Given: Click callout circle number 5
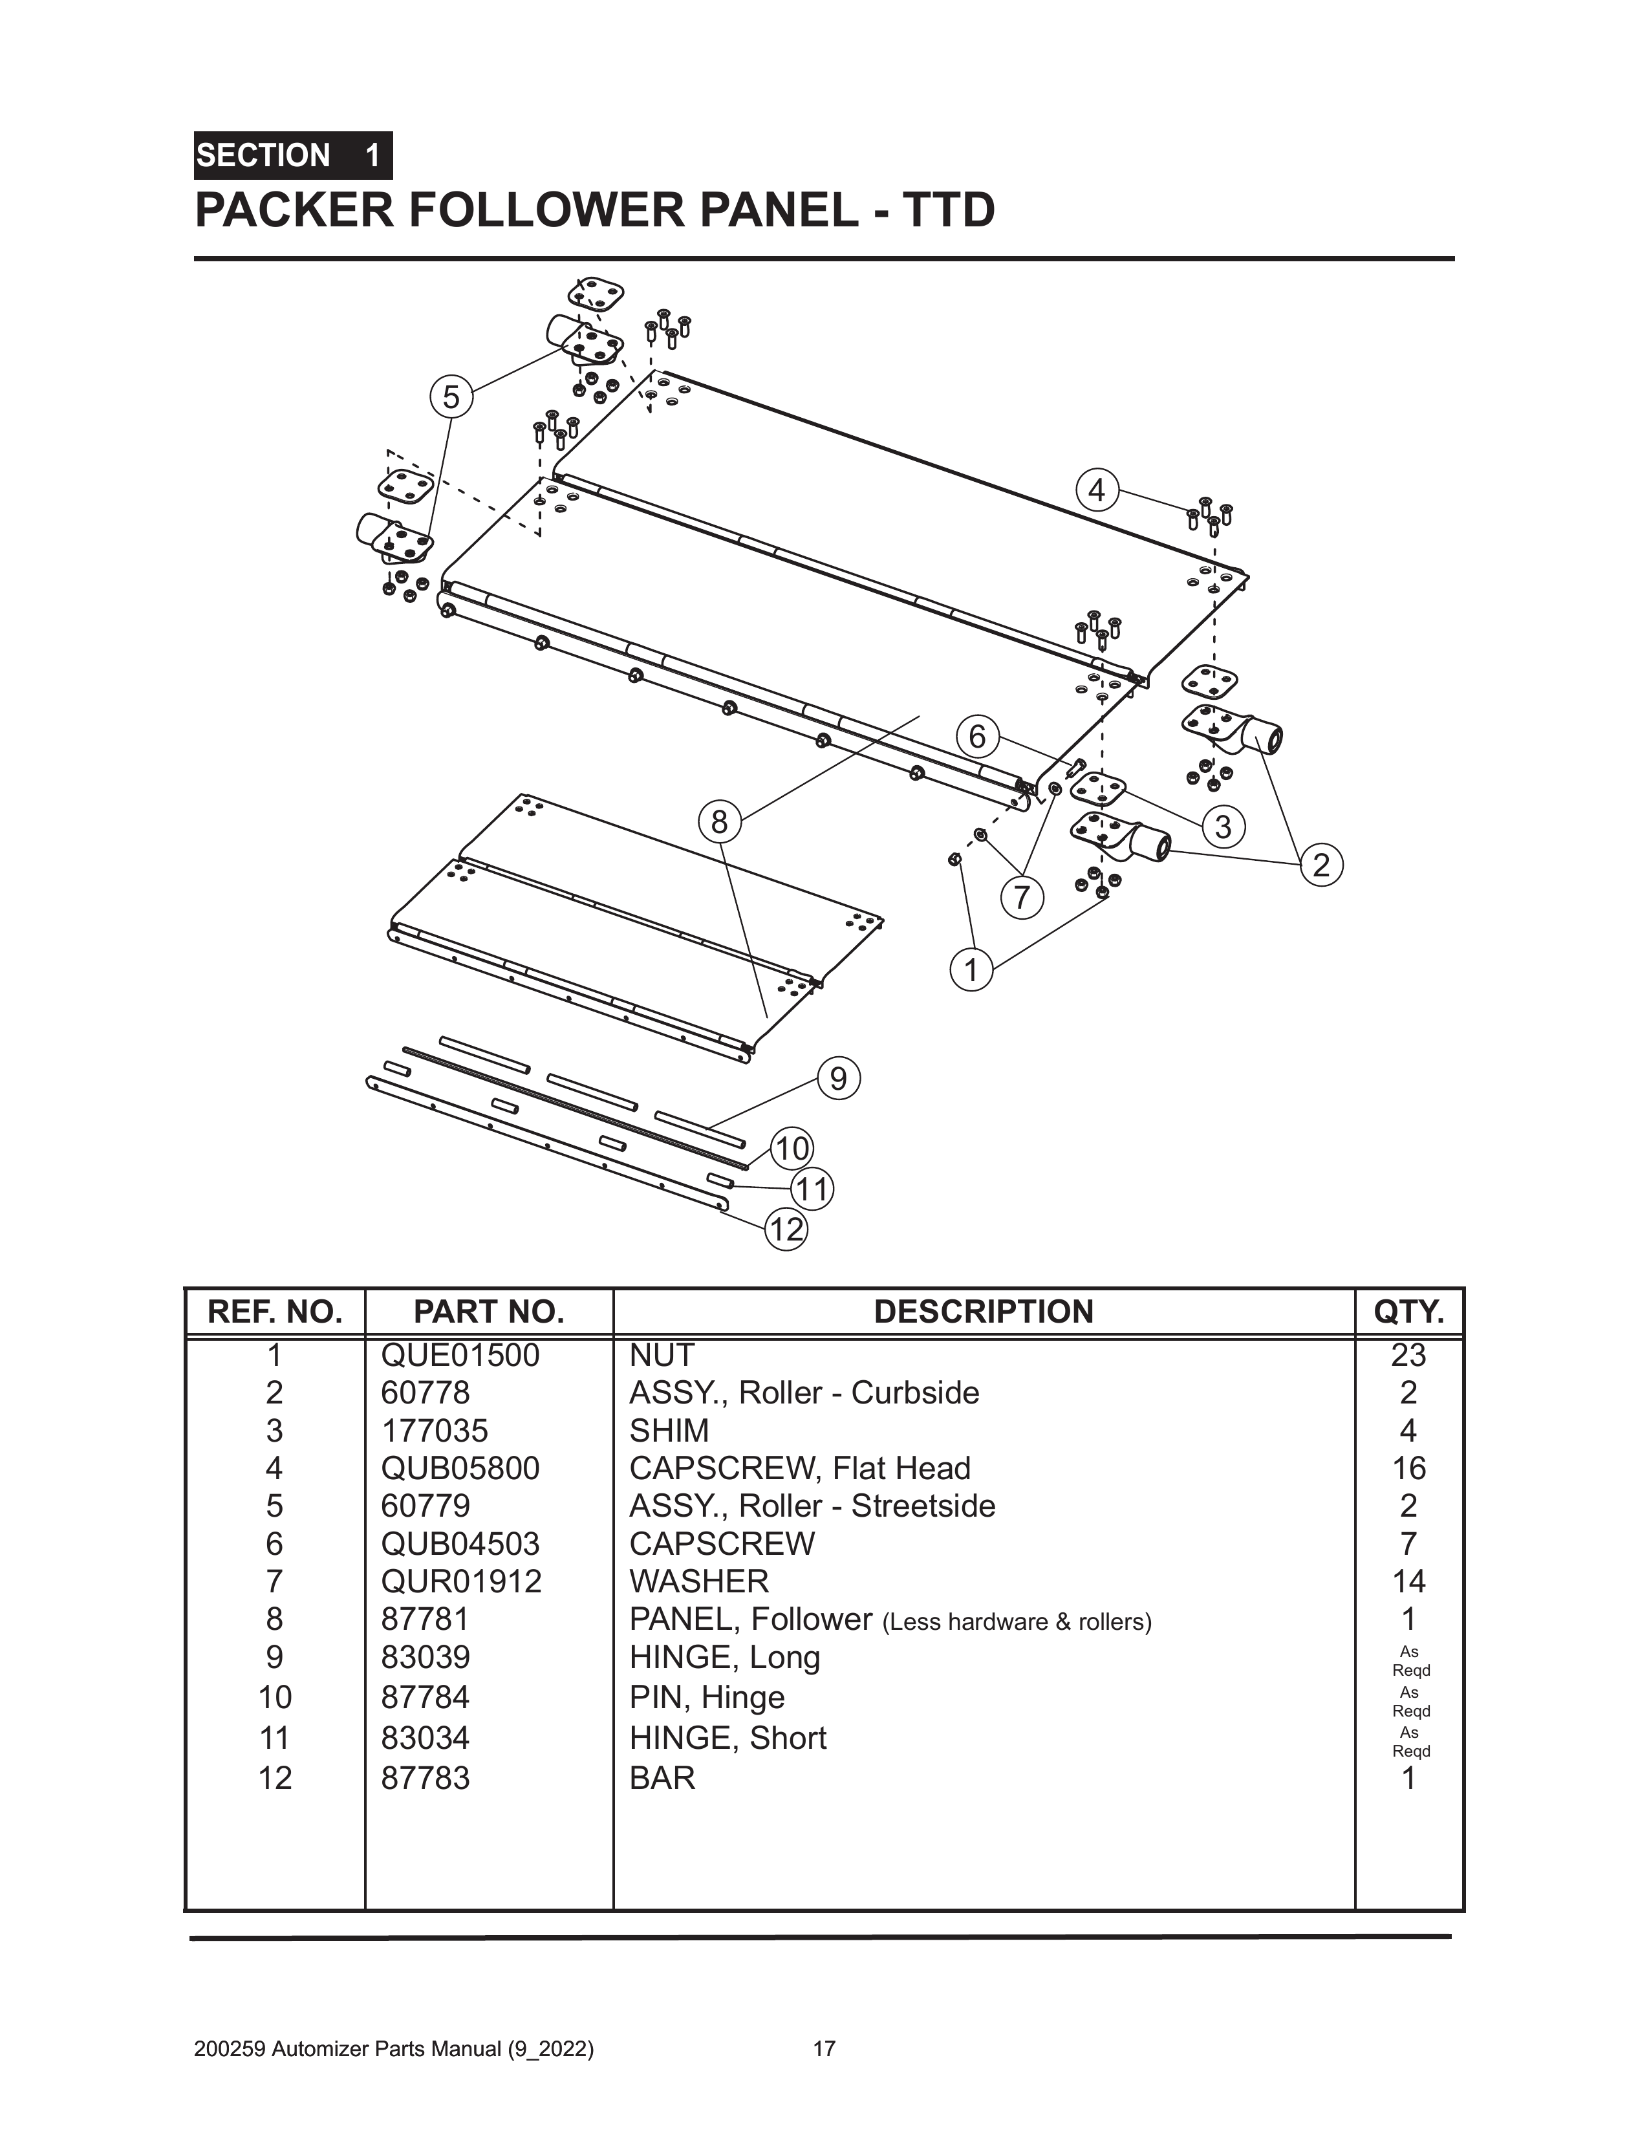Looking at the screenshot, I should [451, 398].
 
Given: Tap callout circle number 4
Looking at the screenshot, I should [1097, 490].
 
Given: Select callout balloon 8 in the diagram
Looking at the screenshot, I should [720, 822].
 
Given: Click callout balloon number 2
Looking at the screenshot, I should [1322, 865].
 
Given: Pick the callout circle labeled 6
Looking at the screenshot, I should [978, 736].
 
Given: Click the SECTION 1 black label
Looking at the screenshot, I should [292, 155].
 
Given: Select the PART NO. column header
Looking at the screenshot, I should [489, 1312].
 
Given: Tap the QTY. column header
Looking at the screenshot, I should [1408, 1312].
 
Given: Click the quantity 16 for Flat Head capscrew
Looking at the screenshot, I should [1408, 1468].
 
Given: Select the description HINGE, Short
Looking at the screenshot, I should [727, 1738].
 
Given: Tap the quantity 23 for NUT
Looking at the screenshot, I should [1408, 1356].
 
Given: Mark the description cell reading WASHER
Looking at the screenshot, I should [699, 1582].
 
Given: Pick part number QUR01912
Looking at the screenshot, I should [460, 1582].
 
